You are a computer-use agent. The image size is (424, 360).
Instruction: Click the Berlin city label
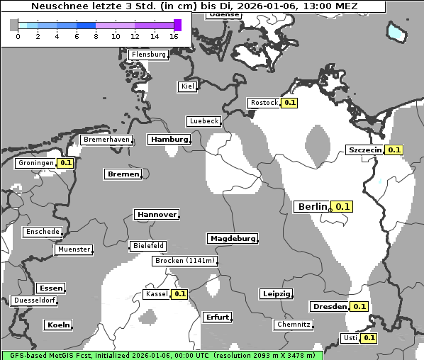pyautogui.click(x=313, y=206)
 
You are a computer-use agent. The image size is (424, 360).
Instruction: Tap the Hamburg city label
pyautogui.click(x=169, y=140)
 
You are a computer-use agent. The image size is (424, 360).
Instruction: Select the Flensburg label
pyautogui.click(x=149, y=55)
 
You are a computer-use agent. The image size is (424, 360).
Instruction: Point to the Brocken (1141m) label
pyautogui.click(x=184, y=261)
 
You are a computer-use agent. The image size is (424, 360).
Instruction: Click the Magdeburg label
pyautogui.click(x=232, y=239)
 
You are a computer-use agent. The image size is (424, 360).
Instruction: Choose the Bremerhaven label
pyautogui.click(x=106, y=140)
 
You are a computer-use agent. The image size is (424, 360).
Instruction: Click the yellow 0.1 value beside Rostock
pyautogui.click(x=289, y=103)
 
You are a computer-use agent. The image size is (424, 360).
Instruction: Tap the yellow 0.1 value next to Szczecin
pyautogui.click(x=395, y=150)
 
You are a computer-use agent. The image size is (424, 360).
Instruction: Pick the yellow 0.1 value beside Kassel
pyautogui.click(x=179, y=294)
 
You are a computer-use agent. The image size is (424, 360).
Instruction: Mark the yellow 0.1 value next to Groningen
pyautogui.click(x=66, y=163)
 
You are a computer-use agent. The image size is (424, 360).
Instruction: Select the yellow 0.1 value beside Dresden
pyautogui.click(x=359, y=307)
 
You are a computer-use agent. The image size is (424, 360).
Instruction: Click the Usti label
pyautogui.click(x=350, y=338)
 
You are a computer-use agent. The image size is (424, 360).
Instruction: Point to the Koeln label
pyautogui.click(x=59, y=325)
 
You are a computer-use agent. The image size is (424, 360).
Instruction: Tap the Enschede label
pyautogui.click(x=43, y=232)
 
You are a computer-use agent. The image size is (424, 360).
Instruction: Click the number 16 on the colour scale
pyautogui.click(x=174, y=36)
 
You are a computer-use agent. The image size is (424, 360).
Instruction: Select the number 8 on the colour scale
pyautogui.click(x=95, y=36)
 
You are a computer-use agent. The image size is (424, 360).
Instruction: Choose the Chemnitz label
pyautogui.click(x=293, y=325)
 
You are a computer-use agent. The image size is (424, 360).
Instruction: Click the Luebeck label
pyautogui.click(x=204, y=121)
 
